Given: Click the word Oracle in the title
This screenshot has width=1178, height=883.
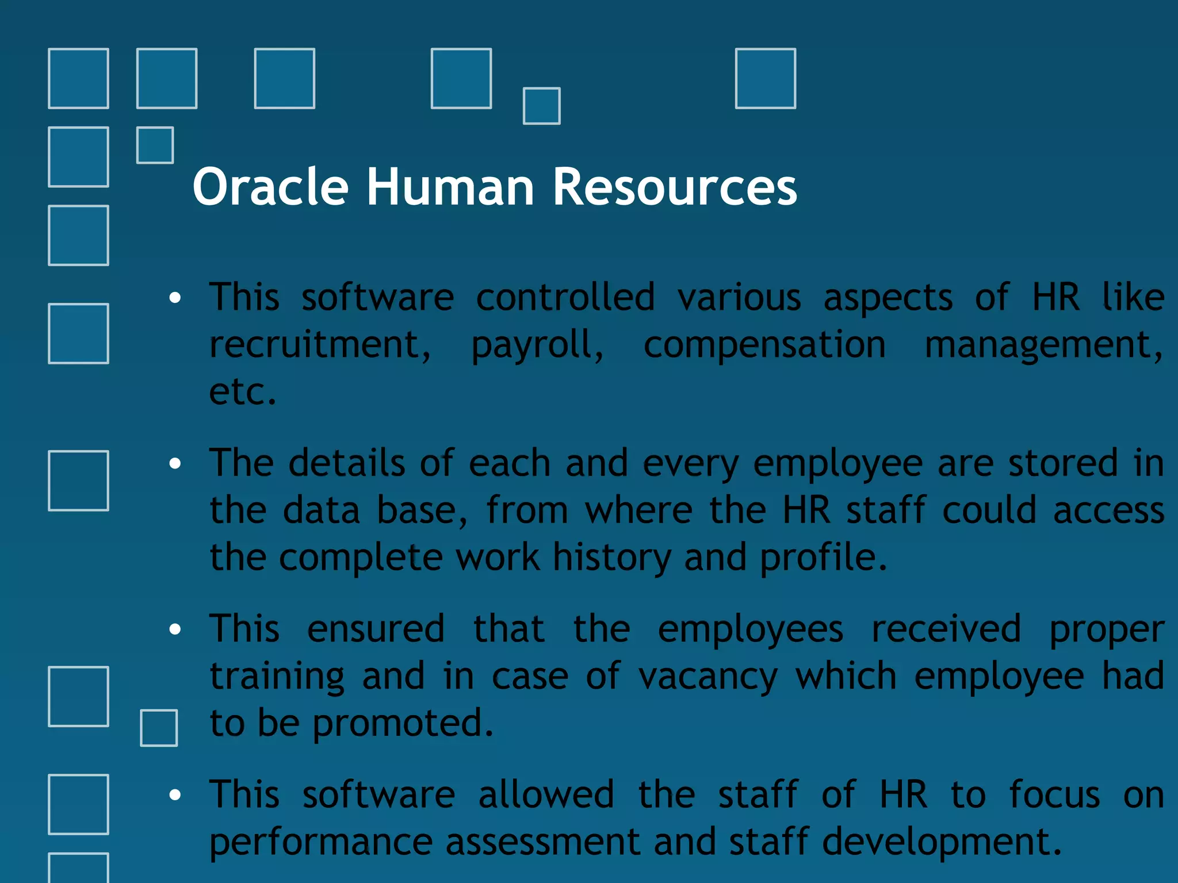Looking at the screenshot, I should (x=270, y=187).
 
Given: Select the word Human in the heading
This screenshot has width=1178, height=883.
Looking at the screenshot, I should (x=450, y=187).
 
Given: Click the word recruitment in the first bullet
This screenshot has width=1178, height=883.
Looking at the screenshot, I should (x=319, y=345).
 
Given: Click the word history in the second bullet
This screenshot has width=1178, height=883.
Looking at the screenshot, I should (x=611, y=558).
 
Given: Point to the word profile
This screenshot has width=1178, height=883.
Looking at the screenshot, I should (x=823, y=558).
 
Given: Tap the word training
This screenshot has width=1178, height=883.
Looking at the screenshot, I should (x=277, y=677).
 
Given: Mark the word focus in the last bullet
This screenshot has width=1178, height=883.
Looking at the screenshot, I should (x=1054, y=794).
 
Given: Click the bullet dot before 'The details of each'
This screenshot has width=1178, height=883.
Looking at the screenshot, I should (x=175, y=463).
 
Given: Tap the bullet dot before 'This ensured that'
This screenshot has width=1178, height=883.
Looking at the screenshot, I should (x=175, y=629).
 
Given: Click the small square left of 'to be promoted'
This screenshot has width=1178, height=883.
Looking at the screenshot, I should (x=159, y=728).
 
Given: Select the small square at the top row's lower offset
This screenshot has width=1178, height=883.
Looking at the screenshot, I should (x=541, y=106).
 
